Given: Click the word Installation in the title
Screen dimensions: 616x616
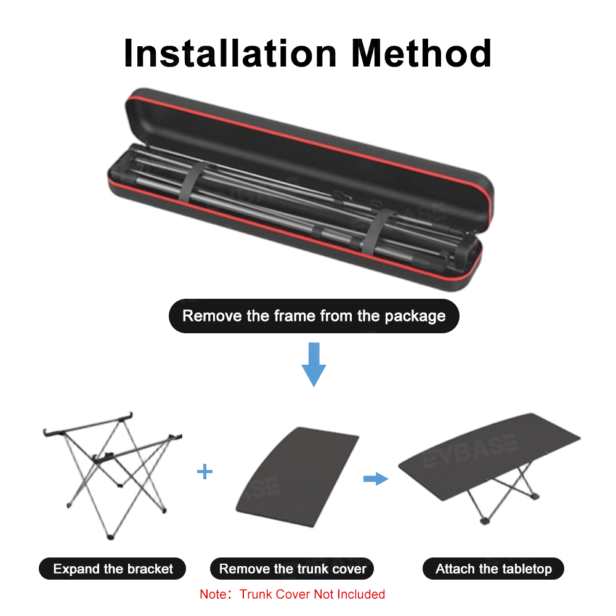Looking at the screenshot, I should pyautogui.click(x=231, y=53).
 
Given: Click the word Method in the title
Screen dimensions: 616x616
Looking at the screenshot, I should pyautogui.click(x=421, y=53).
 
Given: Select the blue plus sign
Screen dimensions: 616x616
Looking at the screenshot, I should pyautogui.click(x=205, y=472).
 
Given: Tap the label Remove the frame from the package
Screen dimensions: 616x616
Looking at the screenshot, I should pyautogui.click(x=314, y=316).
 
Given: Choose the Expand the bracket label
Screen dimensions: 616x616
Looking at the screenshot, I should pyautogui.click(x=113, y=569).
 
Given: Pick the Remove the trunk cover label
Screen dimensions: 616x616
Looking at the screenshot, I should pyautogui.click(x=293, y=569).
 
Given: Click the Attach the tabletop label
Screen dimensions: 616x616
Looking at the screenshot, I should pyautogui.click(x=493, y=569).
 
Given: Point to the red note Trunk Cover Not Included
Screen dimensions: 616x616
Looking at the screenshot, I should pyautogui.click(x=292, y=594).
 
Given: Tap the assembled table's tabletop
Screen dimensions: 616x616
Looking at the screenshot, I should pyautogui.click(x=493, y=450).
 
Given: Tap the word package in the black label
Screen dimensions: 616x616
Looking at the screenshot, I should pyautogui.click(x=415, y=317).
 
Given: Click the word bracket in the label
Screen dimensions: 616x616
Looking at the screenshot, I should pyautogui.click(x=150, y=569).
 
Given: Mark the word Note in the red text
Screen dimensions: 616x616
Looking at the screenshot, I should pyautogui.click(x=213, y=594).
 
